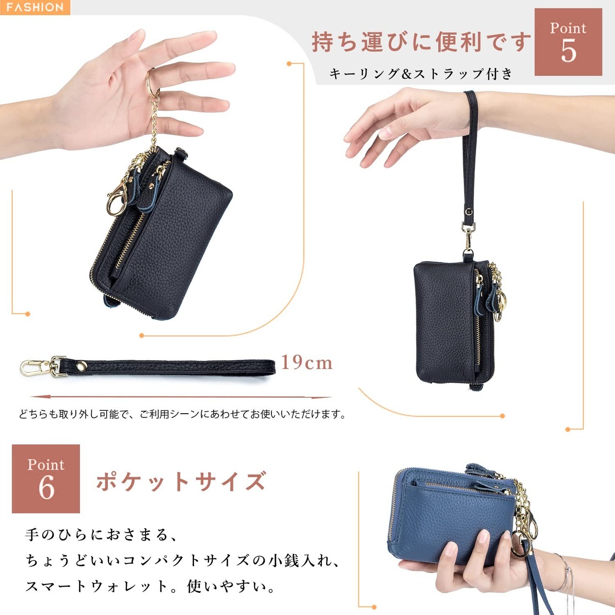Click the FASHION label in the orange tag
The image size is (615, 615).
pyautogui.click(x=35, y=7)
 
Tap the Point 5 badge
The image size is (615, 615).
pyautogui.click(x=568, y=42)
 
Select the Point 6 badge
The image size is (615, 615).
pyautogui.click(x=46, y=479)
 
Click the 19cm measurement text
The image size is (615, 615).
pyautogui.click(x=307, y=363)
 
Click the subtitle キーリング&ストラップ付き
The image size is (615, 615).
pyautogui.click(x=420, y=74)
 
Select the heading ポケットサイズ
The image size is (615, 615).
pyautogui.click(x=181, y=481)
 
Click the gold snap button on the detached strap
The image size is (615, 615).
pyautogui.click(x=82, y=365)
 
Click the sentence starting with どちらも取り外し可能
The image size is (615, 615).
pyautogui.click(x=183, y=415)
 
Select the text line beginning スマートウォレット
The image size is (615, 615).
pyautogui.click(x=150, y=586)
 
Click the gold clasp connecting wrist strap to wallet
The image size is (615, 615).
pyautogui.click(x=468, y=236)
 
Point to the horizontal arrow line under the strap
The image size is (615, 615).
pyautogui.click(x=181, y=397)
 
